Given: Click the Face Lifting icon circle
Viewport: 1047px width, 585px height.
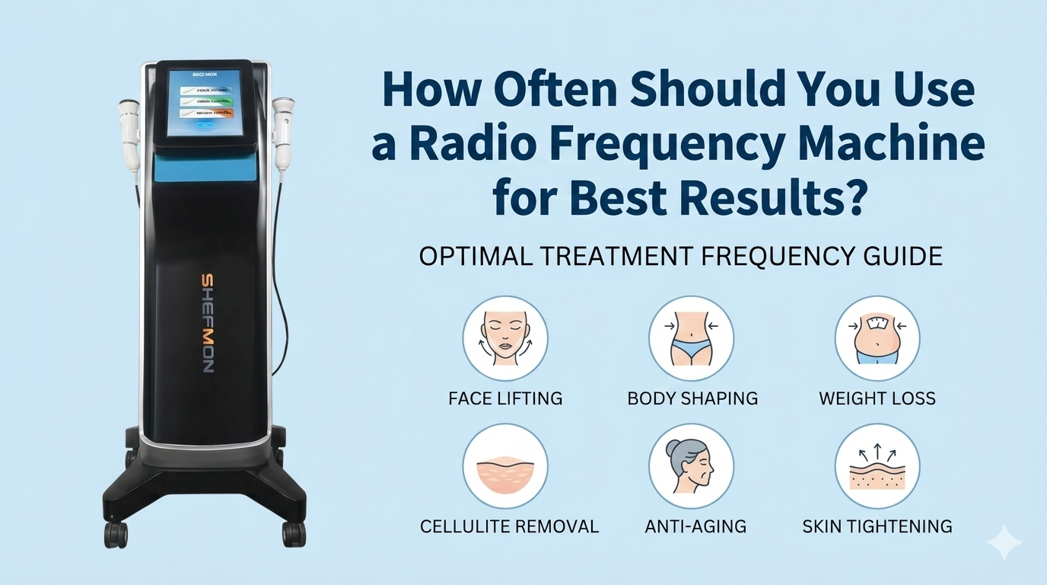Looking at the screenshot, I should pos(505,339).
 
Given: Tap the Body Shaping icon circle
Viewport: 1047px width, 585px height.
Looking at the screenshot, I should pos(691,339).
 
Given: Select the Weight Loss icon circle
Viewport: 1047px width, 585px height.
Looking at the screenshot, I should pos(877,339).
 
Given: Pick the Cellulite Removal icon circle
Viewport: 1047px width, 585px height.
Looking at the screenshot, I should pos(505,467).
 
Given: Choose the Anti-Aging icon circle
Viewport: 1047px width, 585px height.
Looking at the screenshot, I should pos(691,467).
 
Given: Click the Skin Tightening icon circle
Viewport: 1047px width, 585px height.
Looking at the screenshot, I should pos(877,467).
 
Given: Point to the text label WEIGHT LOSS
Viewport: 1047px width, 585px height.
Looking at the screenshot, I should pos(877,398).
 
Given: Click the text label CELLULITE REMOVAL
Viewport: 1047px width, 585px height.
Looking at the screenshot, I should pos(509,526).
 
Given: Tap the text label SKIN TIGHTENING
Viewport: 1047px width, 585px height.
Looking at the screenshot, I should pos(877,526).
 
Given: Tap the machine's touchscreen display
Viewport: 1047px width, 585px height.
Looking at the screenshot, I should pos(204,102).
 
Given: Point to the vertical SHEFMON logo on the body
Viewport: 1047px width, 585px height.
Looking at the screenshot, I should pos(207,323).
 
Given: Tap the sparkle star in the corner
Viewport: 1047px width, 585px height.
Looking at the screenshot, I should pos(1004,542).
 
